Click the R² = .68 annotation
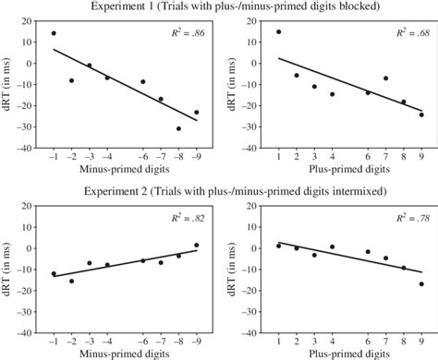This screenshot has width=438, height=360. click(406, 32)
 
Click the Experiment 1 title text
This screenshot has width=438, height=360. click(219, 7)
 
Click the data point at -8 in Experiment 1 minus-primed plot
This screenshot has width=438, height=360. click(178, 129)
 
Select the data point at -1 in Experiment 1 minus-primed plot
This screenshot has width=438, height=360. click(54, 33)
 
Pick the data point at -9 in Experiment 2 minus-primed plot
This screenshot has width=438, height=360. click(196, 246)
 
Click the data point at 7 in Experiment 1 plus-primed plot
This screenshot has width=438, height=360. click(385, 78)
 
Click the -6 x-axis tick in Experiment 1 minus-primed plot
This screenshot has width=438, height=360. click(142, 157)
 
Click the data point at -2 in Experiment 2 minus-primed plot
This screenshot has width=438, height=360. click(71, 281)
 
